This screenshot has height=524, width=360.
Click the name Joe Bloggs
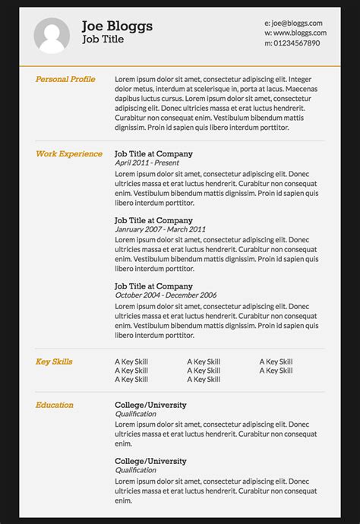[x=117, y=27]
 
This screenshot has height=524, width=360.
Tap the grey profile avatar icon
[x=52, y=36]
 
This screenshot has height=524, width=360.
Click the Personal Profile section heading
[x=65, y=79]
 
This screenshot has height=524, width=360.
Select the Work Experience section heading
[x=69, y=153]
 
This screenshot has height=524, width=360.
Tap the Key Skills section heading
[x=54, y=361]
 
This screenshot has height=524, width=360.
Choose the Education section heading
[x=55, y=405]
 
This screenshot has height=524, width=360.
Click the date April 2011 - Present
[x=147, y=163]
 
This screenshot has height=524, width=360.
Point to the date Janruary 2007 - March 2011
[x=160, y=229]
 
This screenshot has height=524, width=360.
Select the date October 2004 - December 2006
[x=166, y=295]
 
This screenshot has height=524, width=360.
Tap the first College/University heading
[x=150, y=405]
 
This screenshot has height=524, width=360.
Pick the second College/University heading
[x=150, y=461]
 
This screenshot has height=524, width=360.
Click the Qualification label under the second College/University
[x=136, y=471]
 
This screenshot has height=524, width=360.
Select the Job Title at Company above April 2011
[x=153, y=153]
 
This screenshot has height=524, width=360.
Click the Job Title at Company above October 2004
[x=153, y=286]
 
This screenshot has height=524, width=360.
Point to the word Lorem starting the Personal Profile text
[x=125, y=80]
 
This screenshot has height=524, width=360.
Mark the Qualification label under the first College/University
[x=136, y=415]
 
